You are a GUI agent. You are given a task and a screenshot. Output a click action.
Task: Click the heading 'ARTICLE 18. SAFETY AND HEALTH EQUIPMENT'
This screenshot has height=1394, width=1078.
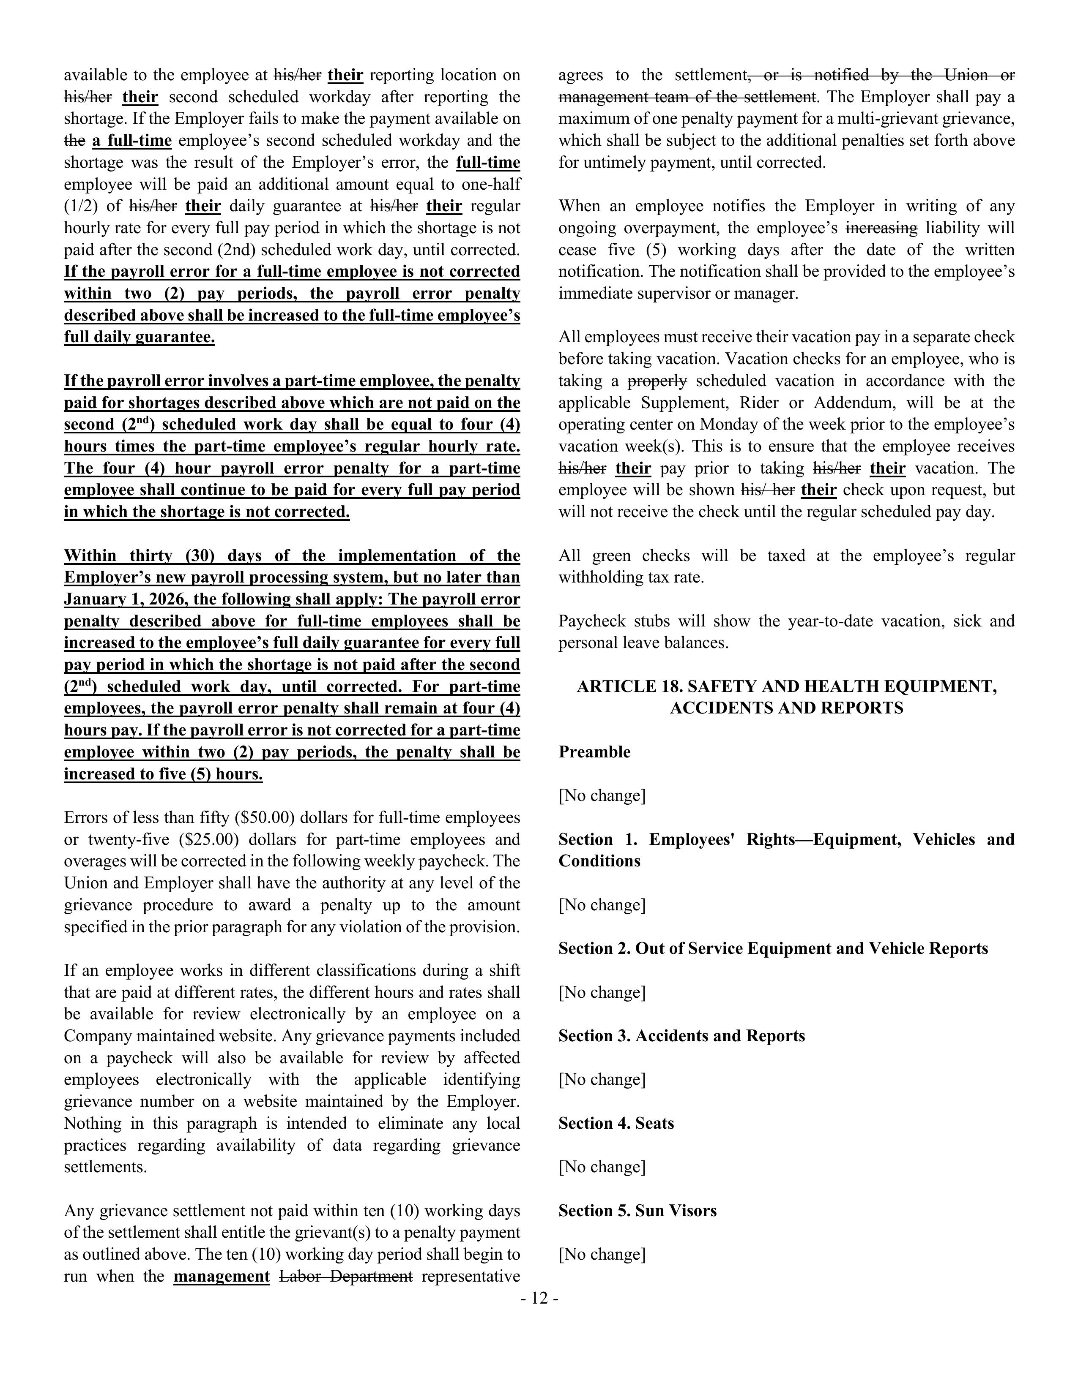(x=786, y=686)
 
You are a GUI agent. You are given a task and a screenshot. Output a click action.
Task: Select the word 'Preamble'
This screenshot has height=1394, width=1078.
(x=594, y=752)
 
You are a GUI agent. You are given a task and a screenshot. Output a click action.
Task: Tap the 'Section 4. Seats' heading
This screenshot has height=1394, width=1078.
(x=616, y=1123)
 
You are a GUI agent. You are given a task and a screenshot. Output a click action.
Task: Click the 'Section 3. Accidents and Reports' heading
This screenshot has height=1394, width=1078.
(x=681, y=1035)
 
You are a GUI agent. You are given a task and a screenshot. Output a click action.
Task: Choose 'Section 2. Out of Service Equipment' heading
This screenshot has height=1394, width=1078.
(x=773, y=948)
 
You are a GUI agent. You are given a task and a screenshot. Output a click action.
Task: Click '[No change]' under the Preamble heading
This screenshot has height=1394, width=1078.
(x=602, y=795)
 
